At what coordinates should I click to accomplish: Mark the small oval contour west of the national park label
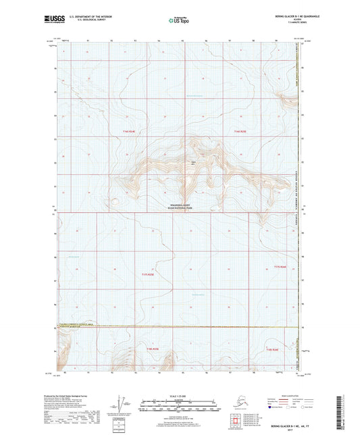tap(115, 200)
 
